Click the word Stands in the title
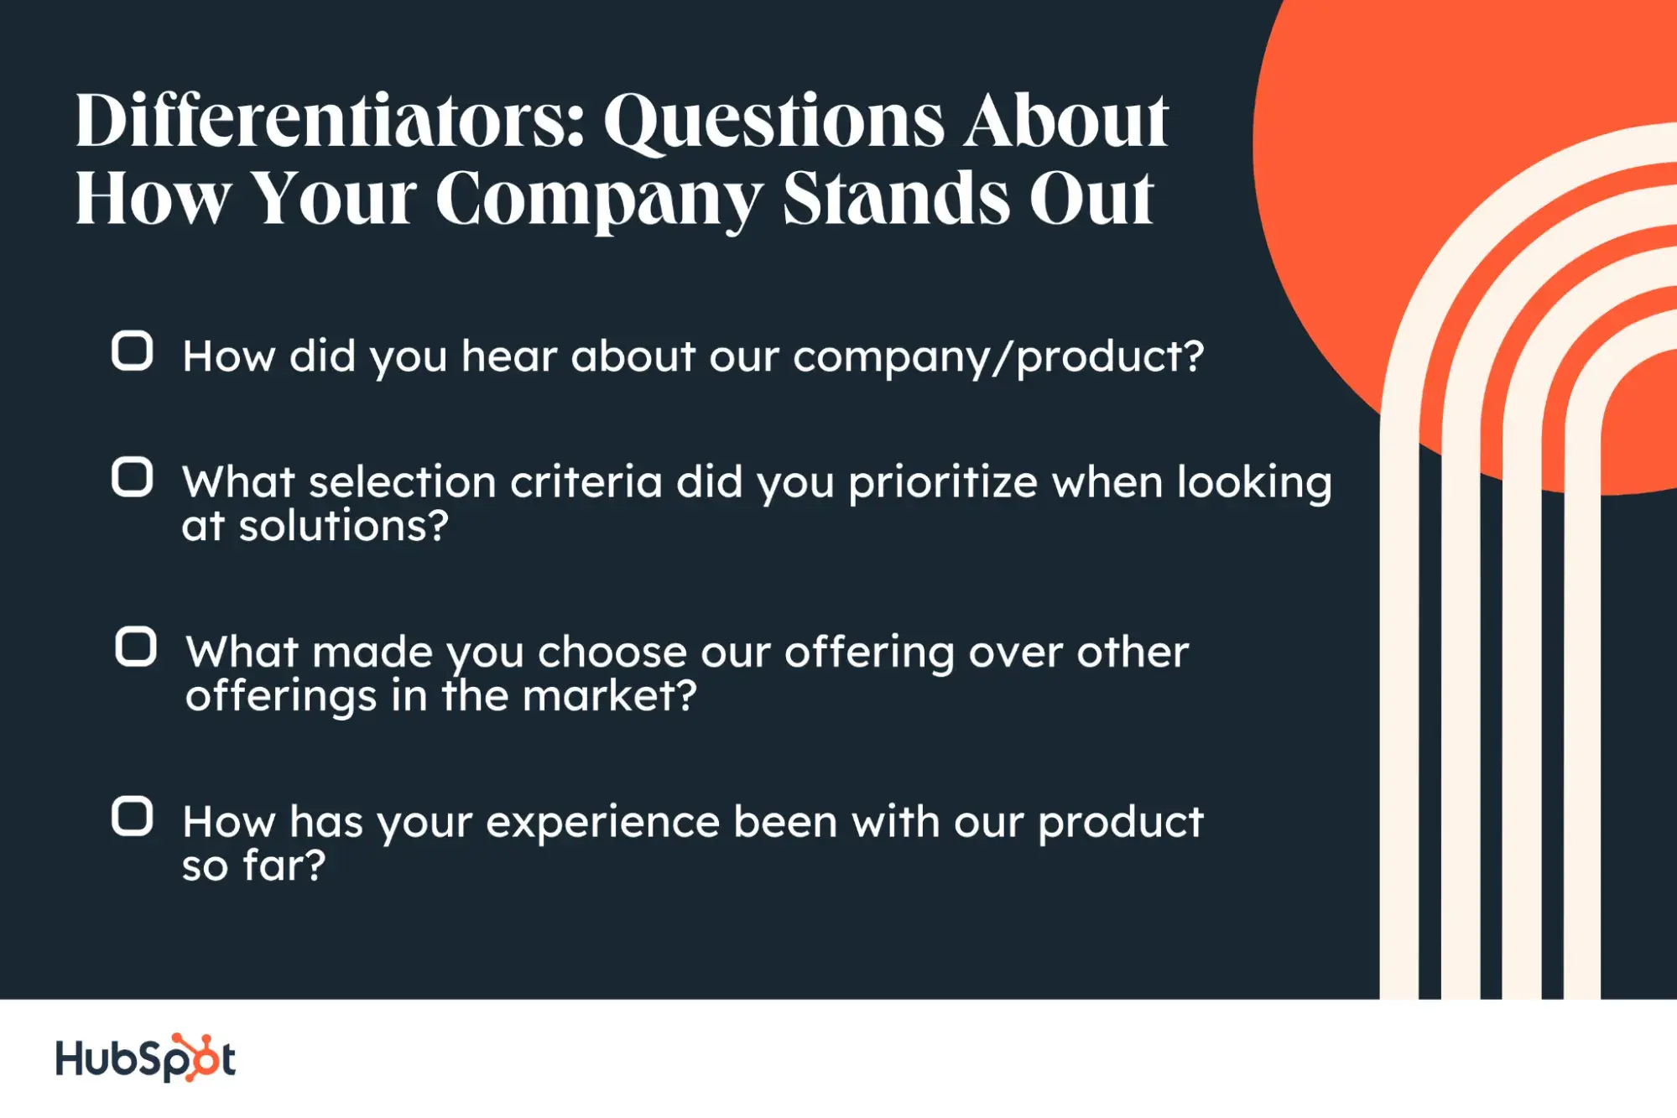click(896, 200)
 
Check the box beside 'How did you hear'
click(133, 351)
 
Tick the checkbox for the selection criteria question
click(133, 477)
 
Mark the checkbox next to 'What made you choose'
click(136, 647)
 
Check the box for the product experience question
click(133, 816)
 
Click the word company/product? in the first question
click(998, 357)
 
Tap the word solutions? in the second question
click(344, 527)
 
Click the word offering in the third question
click(869, 653)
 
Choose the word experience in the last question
click(602, 823)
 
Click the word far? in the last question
click(284, 866)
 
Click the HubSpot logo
click(145, 1058)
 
